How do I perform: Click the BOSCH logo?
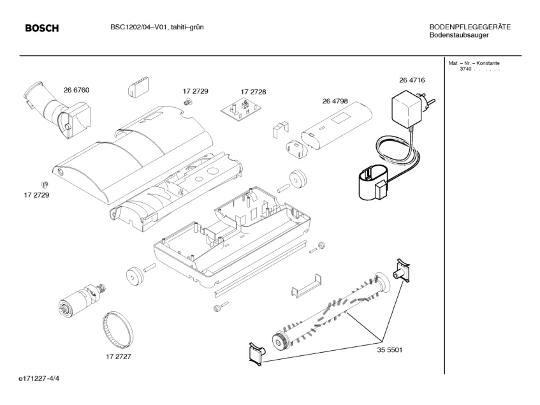(x=41, y=28)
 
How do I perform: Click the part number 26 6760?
(x=77, y=90)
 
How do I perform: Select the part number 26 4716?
(x=412, y=80)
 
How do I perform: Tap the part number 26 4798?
(x=335, y=101)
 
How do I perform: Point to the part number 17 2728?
(x=253, y=92)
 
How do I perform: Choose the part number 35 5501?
(x=388, y=350)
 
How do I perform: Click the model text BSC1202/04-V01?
(x=136, y=27)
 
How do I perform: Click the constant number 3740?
(x=465, y=69)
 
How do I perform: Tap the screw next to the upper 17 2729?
(x=187, y=101)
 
